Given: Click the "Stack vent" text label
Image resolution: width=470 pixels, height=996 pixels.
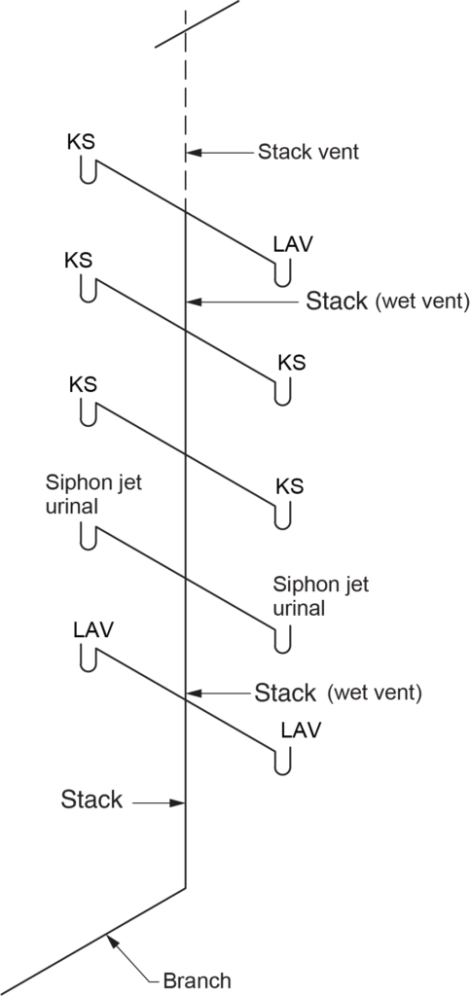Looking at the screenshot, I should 307,152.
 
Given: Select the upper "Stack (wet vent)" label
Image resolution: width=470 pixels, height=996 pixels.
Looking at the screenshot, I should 387,301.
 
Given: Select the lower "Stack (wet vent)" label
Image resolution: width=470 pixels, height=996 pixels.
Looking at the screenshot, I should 336,693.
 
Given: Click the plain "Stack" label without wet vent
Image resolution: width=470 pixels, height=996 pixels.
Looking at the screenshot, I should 91,800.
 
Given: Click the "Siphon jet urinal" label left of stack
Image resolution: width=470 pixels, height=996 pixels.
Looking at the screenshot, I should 93,494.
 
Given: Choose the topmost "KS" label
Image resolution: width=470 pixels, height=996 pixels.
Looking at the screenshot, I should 81,140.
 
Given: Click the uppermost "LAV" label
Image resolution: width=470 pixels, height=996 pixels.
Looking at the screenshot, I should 292,244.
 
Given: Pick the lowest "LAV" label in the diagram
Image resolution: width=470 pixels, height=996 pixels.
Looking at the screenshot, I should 300,729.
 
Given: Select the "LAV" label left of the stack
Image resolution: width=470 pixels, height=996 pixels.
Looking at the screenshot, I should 93,629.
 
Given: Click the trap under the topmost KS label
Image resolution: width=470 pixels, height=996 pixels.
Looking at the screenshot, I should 88,172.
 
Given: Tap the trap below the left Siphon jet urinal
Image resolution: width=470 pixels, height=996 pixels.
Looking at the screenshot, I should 88,538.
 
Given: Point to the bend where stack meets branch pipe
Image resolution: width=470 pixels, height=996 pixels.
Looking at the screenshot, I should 185,887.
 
